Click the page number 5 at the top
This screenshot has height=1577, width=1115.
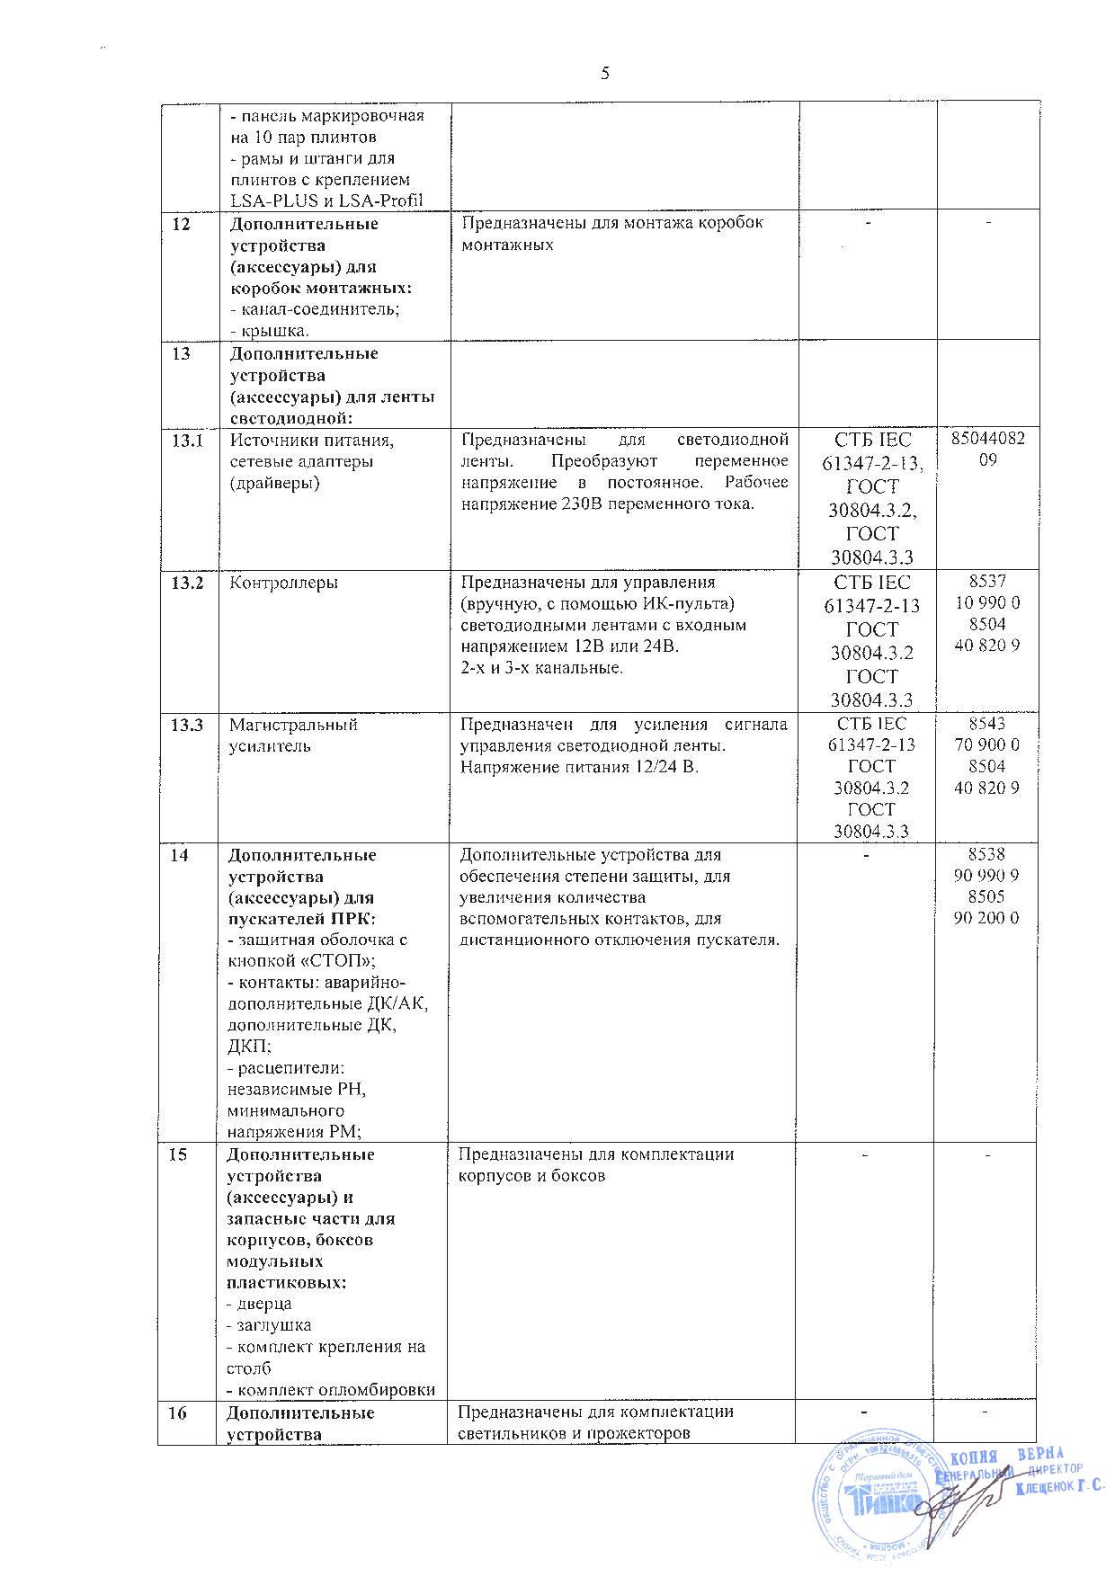tap(604, 74)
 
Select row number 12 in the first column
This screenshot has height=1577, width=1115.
tap(182, 224)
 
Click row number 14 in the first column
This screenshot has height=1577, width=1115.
tap(182, 855)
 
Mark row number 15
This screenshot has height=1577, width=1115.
tap(180, 1154)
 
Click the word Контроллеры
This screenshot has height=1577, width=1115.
tap(283, 583)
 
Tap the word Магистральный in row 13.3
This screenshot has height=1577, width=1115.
tap(293, 725)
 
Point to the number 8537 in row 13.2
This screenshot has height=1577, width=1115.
tap(987, 582)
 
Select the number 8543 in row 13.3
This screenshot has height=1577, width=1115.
tap(987, 724)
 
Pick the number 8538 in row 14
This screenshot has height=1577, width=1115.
tap(987, 855)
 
